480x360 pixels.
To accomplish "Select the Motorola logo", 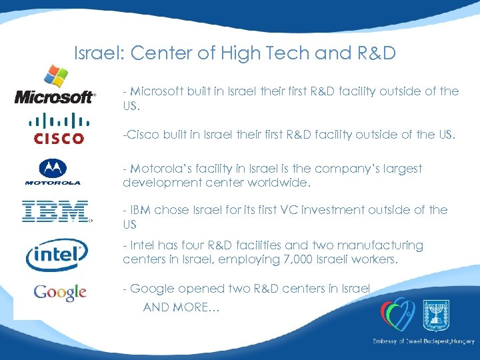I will tap(53, 172).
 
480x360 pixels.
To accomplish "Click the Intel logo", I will tap(57, 255).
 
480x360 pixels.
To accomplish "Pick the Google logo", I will tap(60, 292).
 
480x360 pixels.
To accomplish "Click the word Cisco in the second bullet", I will tap(140, 136).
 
